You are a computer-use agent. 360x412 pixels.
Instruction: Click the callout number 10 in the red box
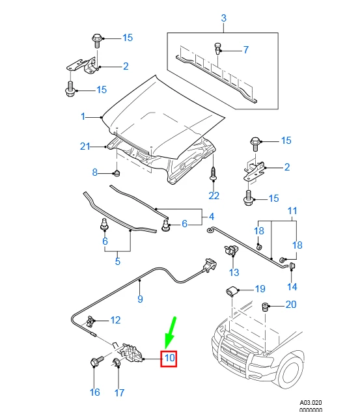pyautogui.click(x=169, y=357)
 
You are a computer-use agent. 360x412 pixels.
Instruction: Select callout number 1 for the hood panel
pyautogui.click(x=83, y=117)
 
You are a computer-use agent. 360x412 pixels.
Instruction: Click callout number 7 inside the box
pyautogui.click(x=246, y=49)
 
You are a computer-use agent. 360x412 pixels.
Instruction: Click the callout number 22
pyautogui.click(x=214, y=195)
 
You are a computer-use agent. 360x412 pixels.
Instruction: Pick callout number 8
pyautogui.click(x=94, y=172)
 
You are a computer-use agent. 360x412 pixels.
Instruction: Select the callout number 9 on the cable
pyautogui.click(x=139, y=299)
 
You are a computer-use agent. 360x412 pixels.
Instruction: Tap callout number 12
pyautogui.click(x=115, y=320)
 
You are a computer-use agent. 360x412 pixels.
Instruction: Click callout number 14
pyautogui.click(x=292, y=286)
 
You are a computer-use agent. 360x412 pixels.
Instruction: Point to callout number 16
pyautogui.click(x=95, y=392)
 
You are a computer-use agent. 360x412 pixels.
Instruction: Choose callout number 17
pyautogui.click(x=119, y=392)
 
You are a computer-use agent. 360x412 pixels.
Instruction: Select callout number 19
pyautogui.click(x=260, y=289)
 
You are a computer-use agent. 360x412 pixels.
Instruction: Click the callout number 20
pyautogui.click(x=290, y=305)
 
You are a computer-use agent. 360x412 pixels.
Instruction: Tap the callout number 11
pyautogui.click(x=292, y=211)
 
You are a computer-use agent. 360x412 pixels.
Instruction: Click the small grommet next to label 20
pyautogui.click(x=266, y=306)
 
